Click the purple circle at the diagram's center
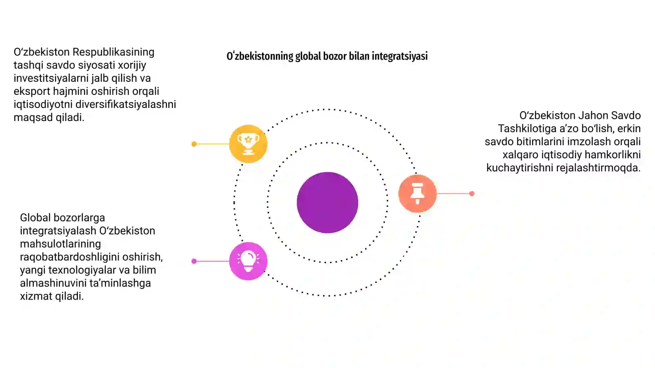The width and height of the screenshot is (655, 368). coord(327,202)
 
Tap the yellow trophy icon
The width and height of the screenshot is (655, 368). coord(248,144)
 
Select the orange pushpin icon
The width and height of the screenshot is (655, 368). coord(417,193)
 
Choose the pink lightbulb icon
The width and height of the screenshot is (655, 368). coord(248,261)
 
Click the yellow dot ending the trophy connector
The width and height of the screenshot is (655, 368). coord(194,144)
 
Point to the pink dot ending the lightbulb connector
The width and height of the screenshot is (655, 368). coord(194,261)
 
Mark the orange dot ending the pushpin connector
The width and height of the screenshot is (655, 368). coord(472,193)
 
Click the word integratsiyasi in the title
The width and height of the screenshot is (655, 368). coord(400,56)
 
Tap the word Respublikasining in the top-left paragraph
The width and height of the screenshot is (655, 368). coord(113,52)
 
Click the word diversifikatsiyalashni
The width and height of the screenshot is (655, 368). coord(126,104)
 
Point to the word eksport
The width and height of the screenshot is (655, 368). coord(32,92)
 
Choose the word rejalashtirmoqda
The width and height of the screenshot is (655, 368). coord(598,168)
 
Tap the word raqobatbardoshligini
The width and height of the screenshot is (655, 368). coord(70,257)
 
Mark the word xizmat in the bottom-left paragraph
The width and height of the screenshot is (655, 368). coord(36,296)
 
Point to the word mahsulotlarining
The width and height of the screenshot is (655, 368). coord(61,244)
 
